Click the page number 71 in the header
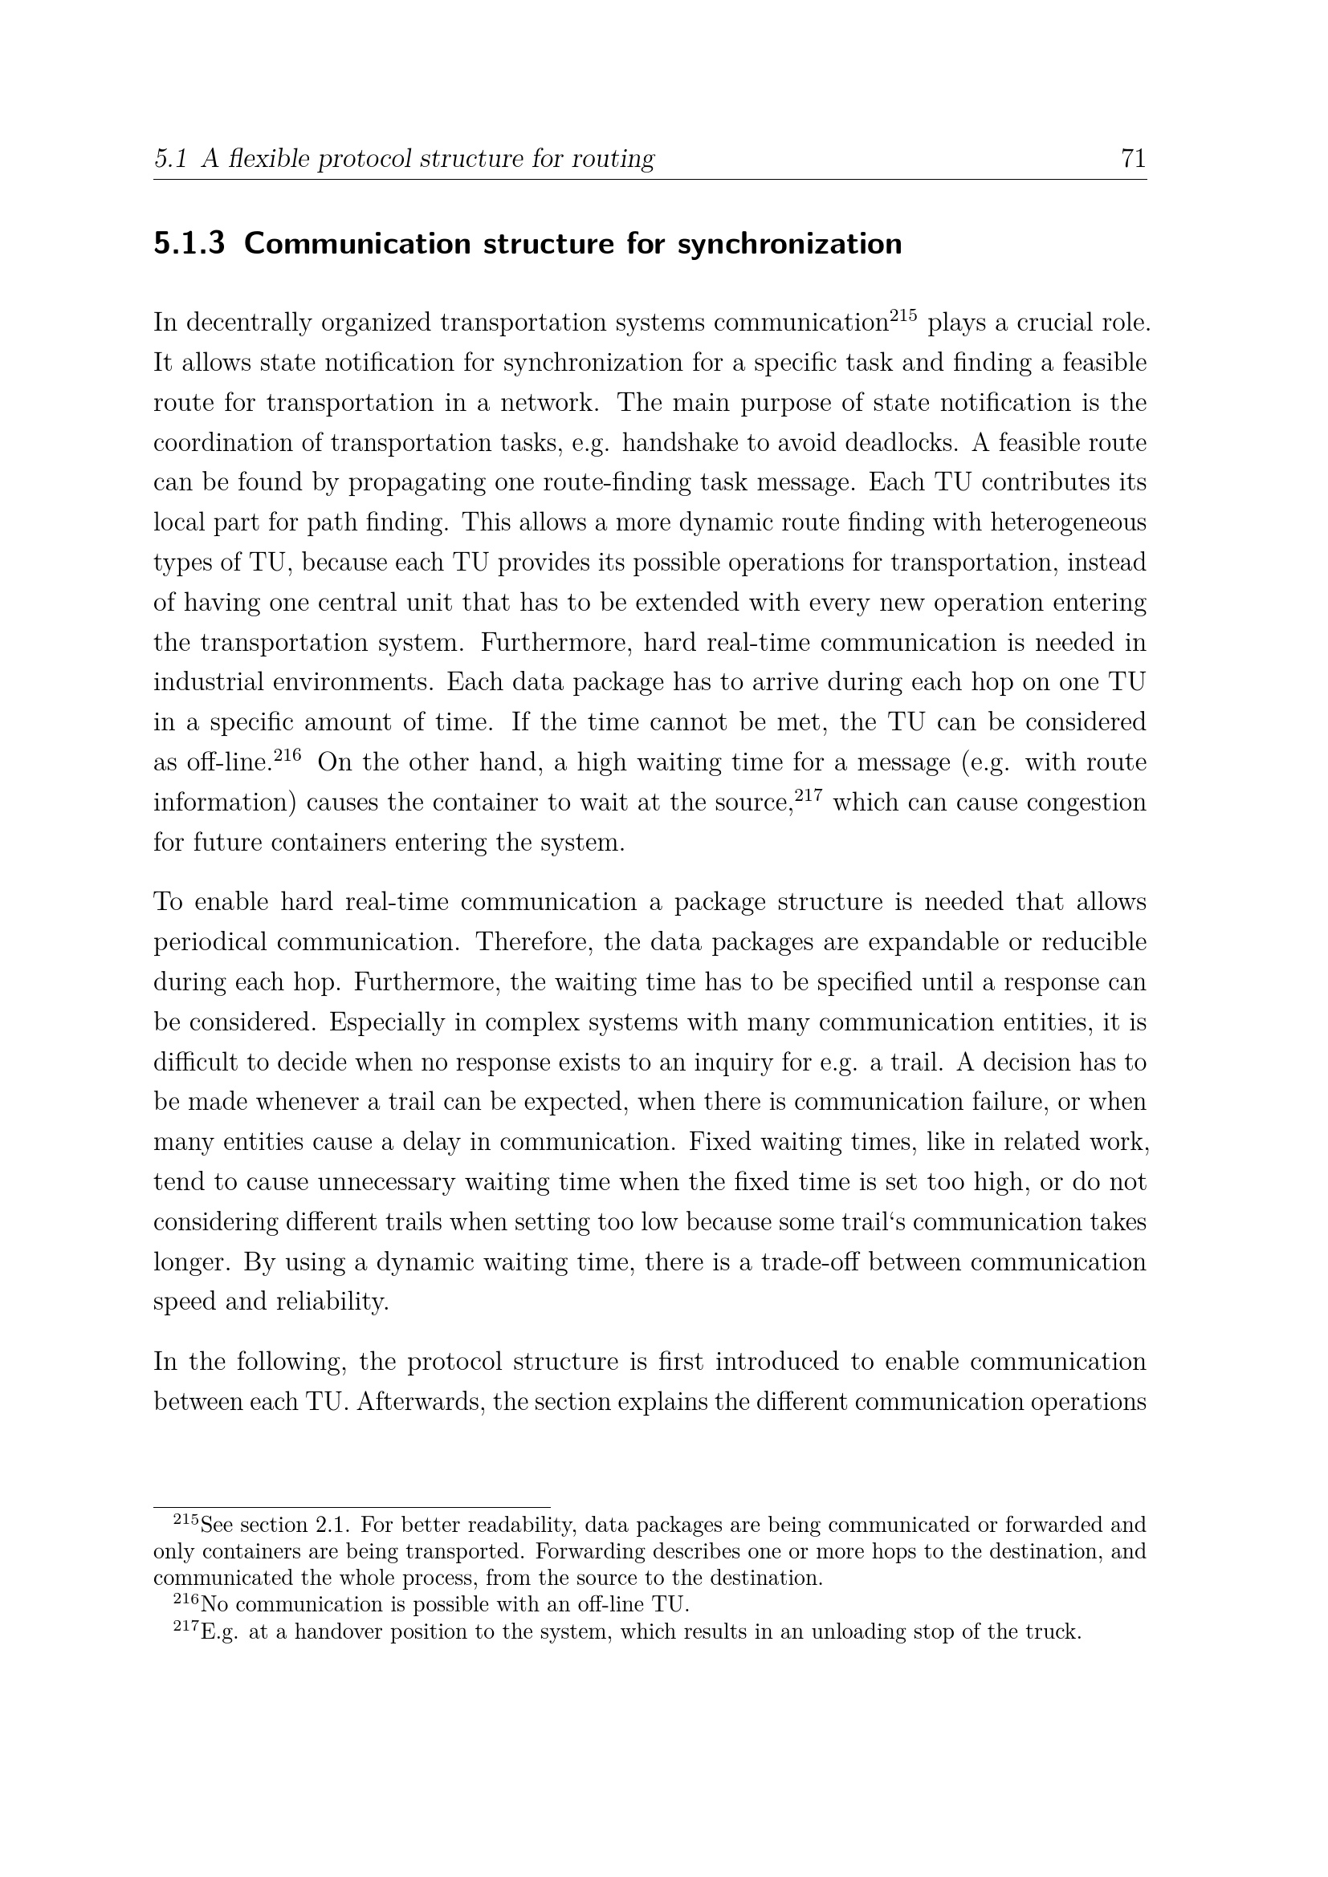coord(1134,158)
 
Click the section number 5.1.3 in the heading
coord(189,244)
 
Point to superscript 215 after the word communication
coord(902,315)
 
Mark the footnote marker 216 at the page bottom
coord(185,1600)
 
